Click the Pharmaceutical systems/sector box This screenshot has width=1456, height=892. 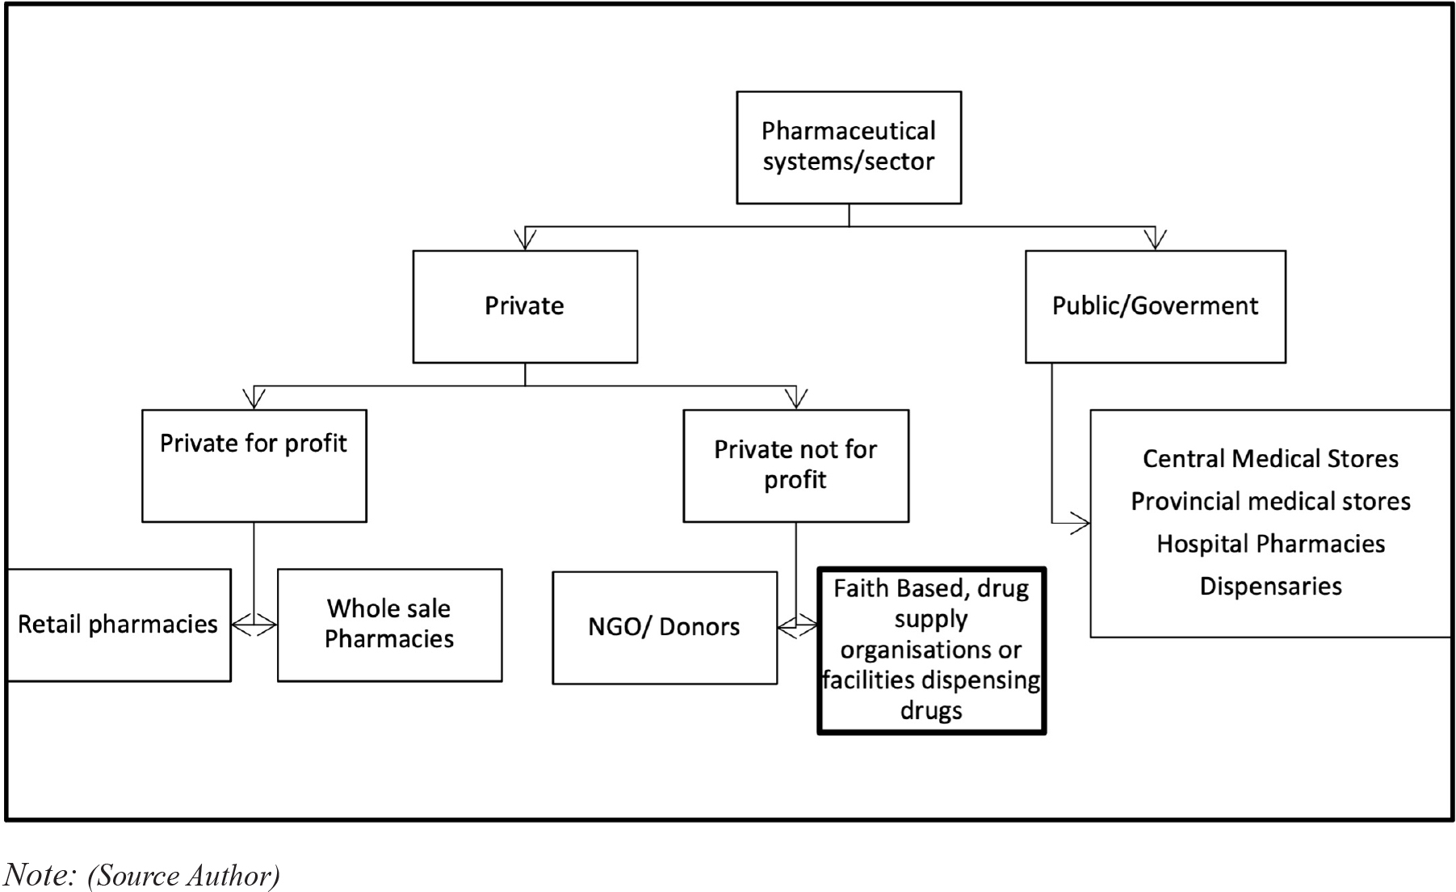(849, 147)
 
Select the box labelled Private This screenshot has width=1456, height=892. (525, 306)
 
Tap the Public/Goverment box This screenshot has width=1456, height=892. (1156, 306)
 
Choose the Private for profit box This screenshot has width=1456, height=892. (254, 465)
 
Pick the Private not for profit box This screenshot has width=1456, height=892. (796, 465)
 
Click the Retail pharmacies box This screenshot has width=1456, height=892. (119, 625)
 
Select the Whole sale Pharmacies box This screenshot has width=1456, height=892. (390, 625)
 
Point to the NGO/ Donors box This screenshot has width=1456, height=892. (665, 628)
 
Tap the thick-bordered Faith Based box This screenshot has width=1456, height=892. (932, 650)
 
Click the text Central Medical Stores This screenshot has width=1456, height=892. (1271, 459)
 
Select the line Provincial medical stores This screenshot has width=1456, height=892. (1271, 501)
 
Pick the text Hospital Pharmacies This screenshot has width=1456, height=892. (1271, 544)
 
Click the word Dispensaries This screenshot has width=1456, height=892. (1271, 586)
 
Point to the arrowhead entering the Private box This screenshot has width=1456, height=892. (525, 240)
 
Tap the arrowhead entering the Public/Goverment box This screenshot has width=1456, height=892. (1156, 240)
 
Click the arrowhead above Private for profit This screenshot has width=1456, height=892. (254, 399)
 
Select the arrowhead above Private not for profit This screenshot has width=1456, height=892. (796, 399)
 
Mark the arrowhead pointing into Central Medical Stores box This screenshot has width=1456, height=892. (1080, 523)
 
